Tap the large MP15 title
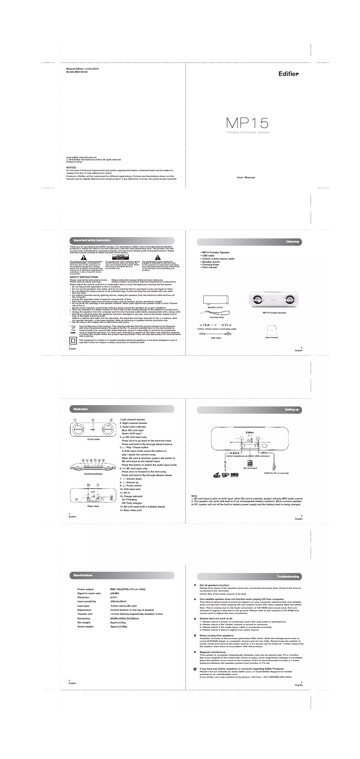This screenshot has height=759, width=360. click(247, 123)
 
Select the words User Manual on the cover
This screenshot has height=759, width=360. click(246, 178)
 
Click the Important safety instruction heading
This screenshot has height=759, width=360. click(92, 241)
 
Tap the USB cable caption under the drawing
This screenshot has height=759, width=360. click(216, 337)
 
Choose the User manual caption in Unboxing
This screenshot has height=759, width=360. click(272, 337)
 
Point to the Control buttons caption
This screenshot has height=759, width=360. click(93, 474)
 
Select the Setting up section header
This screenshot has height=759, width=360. click(293, 410)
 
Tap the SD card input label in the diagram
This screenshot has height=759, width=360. click(250, 468)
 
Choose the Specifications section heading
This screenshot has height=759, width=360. click(83, 575)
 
